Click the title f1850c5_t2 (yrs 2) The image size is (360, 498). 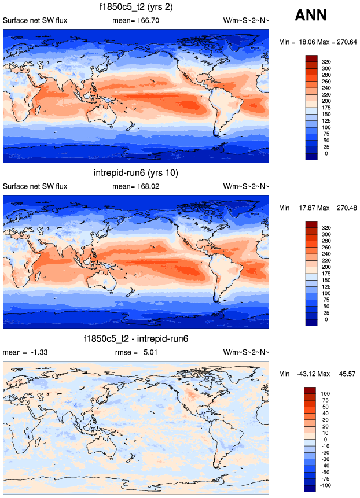tap(136, 8)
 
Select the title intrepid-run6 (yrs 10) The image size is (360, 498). tap(136, 173)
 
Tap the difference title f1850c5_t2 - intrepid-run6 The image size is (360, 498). tap(136, 338)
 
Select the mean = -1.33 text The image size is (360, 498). tap(21, 352)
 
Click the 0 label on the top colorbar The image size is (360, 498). tap(326, 153)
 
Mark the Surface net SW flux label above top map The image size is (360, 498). tap(35, 21)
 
